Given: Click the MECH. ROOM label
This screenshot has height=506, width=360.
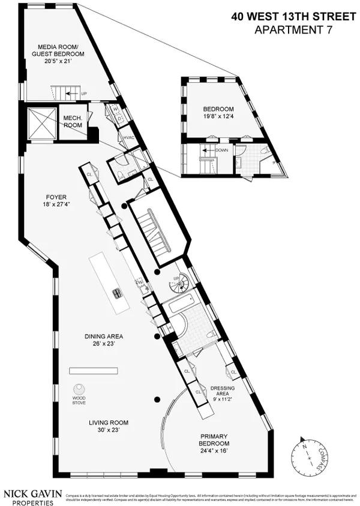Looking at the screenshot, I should tap(72, 122).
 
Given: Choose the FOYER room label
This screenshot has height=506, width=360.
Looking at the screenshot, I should tap(55, 200).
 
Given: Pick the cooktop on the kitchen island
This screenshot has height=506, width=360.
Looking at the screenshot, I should tap(116, 293).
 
